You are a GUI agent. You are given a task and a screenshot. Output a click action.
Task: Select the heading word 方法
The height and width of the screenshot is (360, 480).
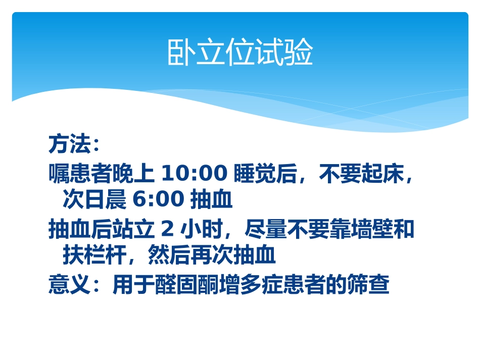(x=69, y=145)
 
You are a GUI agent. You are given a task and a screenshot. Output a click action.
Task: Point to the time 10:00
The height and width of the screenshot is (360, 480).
(x=194, y=174)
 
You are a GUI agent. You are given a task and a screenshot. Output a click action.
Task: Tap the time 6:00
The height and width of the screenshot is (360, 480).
(x=158, y=200)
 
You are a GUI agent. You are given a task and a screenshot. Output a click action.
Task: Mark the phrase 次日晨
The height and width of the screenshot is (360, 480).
(x=94, y=200)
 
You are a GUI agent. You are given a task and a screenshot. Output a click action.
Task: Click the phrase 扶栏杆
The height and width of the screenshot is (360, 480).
(x=94, y=256)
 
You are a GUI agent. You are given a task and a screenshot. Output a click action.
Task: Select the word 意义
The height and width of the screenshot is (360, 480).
(x=69, y=285)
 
